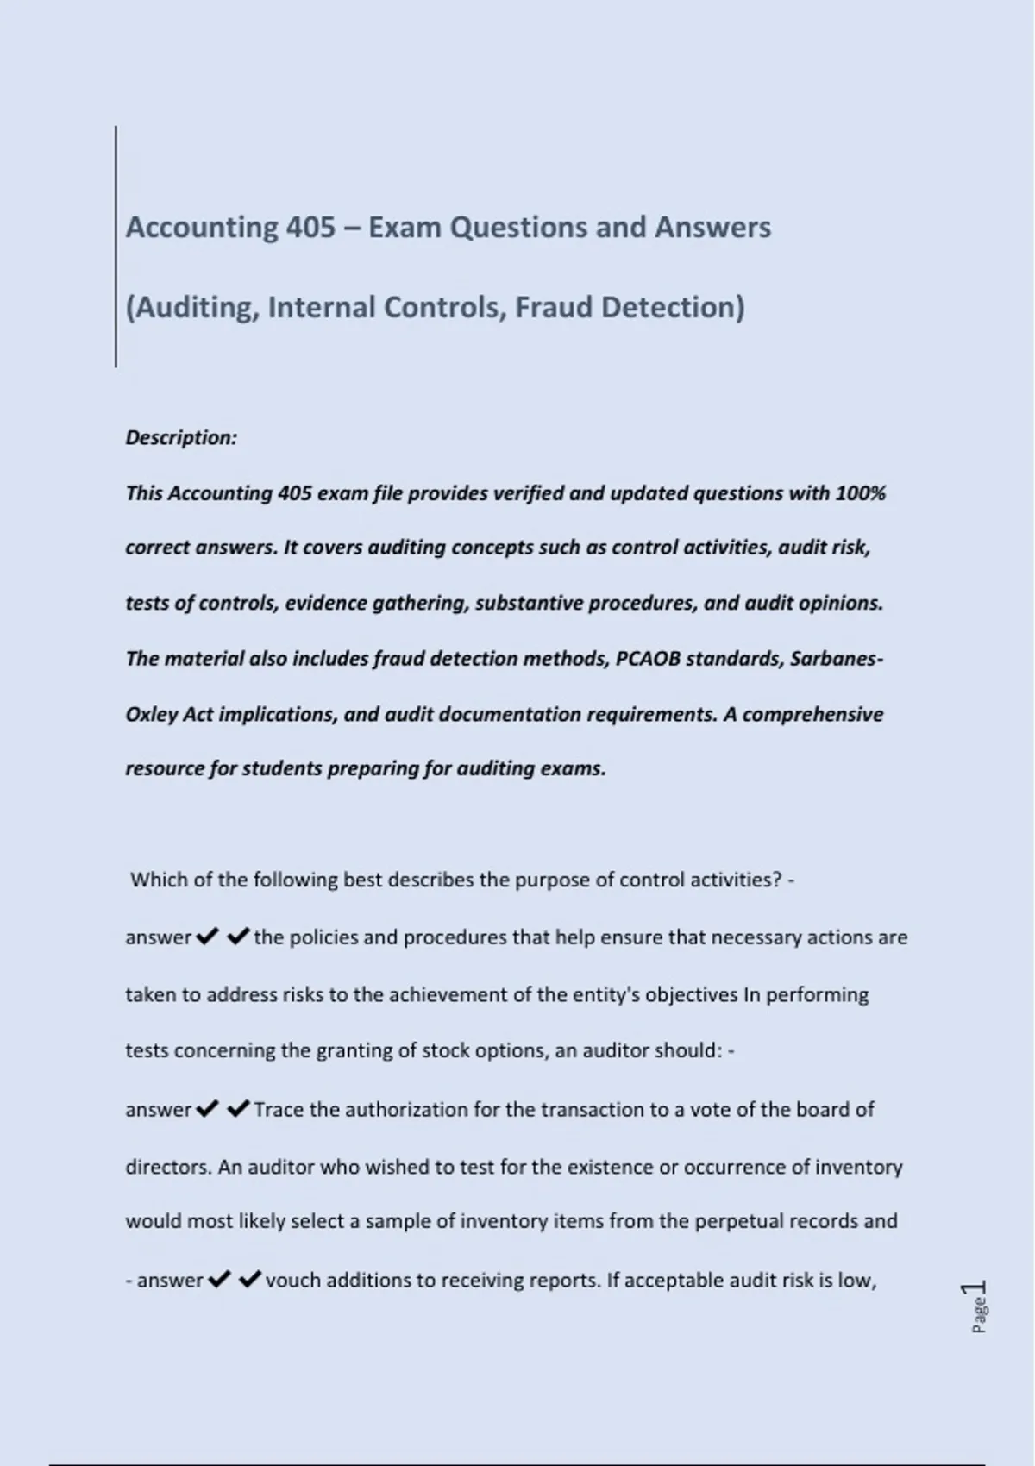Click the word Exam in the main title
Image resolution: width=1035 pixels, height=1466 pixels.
pyautogui.click(x=405, y=227)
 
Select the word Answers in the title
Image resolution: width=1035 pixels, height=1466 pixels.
pyautogui.click(x=712, y=227)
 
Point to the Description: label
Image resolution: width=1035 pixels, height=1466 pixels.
pyautogui.click(x=181, y=437)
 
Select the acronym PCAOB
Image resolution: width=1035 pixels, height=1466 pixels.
pyautogui.click(x=648, y=659)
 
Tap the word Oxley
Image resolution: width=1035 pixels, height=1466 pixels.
pyautogui.click(x=151, y=715)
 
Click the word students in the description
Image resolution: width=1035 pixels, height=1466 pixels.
pyautogui.click(x=281, y=768)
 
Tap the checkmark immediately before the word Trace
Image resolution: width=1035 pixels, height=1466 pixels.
pyautogui.click(x=239, y=1108)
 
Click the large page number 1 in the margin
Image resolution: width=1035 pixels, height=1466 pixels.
pyautogui.click(x=978, y=1287)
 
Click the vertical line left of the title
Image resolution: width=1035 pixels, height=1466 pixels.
pyautogui.click(x=116, y=246)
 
